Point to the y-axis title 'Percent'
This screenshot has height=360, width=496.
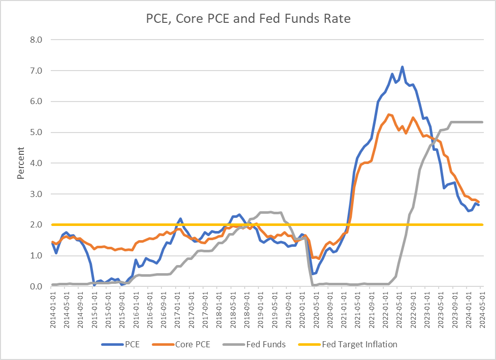21,163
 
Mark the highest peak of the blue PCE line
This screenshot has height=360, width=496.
402,67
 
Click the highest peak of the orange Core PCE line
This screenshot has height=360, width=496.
389,114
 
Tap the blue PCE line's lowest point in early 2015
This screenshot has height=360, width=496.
94,285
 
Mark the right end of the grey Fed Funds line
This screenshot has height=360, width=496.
482,122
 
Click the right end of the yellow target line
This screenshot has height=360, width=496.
482,224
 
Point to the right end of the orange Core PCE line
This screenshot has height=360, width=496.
478,202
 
